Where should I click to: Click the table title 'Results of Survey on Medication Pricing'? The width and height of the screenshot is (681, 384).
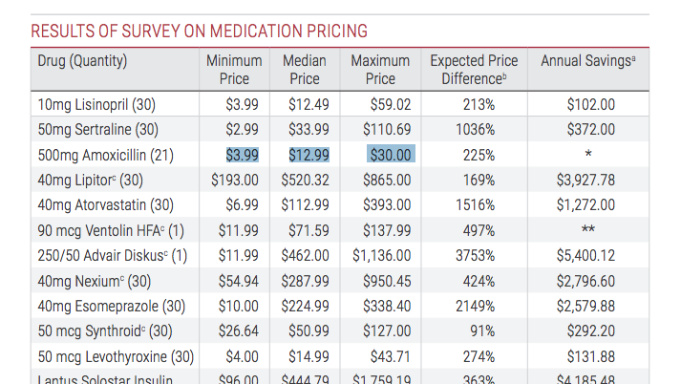point(199,32)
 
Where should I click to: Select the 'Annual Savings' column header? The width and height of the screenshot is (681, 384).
point(587,61)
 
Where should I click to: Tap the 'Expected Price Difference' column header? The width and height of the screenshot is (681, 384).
point(474,70)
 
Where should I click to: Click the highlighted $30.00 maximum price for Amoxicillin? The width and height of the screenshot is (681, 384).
point(391,154)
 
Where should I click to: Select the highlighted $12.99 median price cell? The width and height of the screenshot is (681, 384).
point(308,154)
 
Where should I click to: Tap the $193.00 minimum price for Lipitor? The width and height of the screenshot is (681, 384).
point(235,180)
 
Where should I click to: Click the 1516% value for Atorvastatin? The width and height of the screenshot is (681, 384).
point(475,204)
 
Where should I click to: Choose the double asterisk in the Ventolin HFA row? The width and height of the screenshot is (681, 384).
point(588,230)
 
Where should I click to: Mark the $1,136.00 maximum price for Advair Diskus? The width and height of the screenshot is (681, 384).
point(382,255)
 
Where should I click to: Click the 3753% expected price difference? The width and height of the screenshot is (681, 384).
point(474,255)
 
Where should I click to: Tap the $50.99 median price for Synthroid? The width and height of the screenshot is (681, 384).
point(308,331)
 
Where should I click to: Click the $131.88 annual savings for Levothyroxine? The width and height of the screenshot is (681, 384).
point(589,357)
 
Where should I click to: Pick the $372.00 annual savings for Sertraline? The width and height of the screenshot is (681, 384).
point(589,129)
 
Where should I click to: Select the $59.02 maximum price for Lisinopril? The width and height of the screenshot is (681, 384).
point(390,104)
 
